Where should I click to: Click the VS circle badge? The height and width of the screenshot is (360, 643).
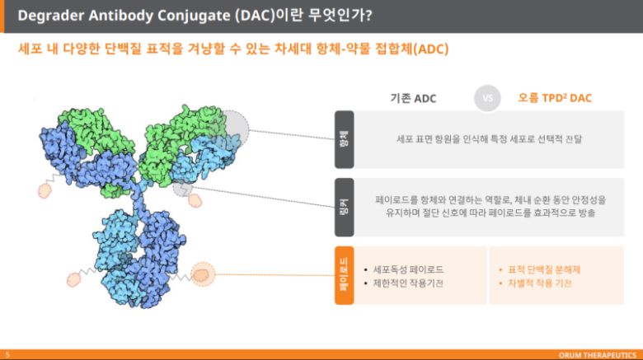tap(487, 98)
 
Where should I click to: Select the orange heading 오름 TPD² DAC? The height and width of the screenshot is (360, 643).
tap(555, 98)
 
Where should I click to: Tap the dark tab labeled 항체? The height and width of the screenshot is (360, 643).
tap(344, 139)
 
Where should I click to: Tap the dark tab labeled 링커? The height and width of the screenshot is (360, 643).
tap(344, 207)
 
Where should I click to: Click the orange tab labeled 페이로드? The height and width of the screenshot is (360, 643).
tap(344, 275)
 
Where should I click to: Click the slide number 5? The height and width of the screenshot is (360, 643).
tap(7, 354)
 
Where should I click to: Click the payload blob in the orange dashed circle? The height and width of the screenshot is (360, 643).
tap(202, 274)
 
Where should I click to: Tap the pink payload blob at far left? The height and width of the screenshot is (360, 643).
tap(46, 191)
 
